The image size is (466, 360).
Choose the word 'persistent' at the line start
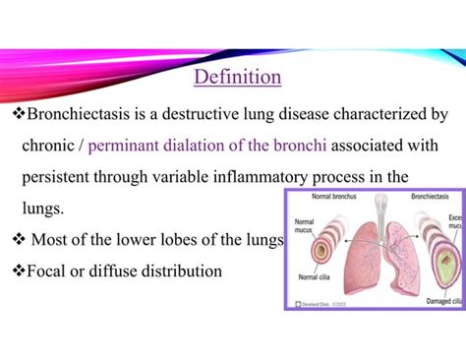[57, 178]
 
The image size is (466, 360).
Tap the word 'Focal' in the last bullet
[49, 270]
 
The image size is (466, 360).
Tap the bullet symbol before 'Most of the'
[17, 239]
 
